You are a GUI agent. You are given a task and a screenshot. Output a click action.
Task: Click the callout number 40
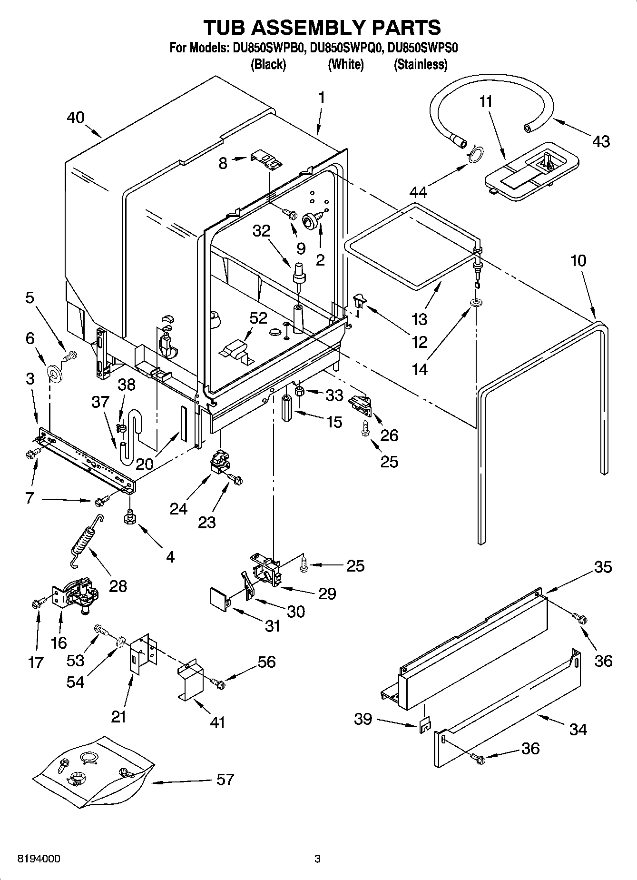pyautogui.click(x=75, y=117)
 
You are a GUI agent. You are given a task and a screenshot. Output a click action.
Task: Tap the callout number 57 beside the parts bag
pyautogui.click(x=225, y=779)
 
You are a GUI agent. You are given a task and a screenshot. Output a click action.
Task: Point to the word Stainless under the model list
pyautogui.click(x=421, y=64)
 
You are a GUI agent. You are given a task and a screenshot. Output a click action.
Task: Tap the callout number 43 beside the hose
pyautogui.click(x=601, y=141)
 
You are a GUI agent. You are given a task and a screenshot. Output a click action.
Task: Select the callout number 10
pyautogui.click(x=578, y=261)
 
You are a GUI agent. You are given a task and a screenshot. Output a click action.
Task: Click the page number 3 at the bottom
pyautogui.click(x=318, y=859)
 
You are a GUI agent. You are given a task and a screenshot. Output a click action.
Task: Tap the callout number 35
pyautogui.click(x=603, y=567)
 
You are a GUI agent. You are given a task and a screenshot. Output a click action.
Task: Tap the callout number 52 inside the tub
pyautogui.click(x=258, y=318)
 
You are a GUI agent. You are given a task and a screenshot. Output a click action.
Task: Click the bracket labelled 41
pyautogui.click(x=190, y=681)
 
